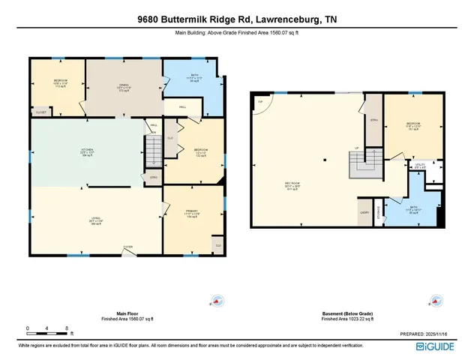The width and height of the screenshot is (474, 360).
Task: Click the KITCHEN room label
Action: click(87, 150)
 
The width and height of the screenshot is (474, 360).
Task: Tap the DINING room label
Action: click(124, 86)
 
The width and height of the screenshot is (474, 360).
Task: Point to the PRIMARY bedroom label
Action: click(191, 212)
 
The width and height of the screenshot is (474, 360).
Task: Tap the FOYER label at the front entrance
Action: click(128, 247)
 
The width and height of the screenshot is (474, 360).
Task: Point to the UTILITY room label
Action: click(420, 166)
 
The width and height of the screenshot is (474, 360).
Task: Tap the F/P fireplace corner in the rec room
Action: click(261, 102)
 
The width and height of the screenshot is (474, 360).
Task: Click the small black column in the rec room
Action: click(324, 160)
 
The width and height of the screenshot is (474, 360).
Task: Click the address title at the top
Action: click(237, 21)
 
